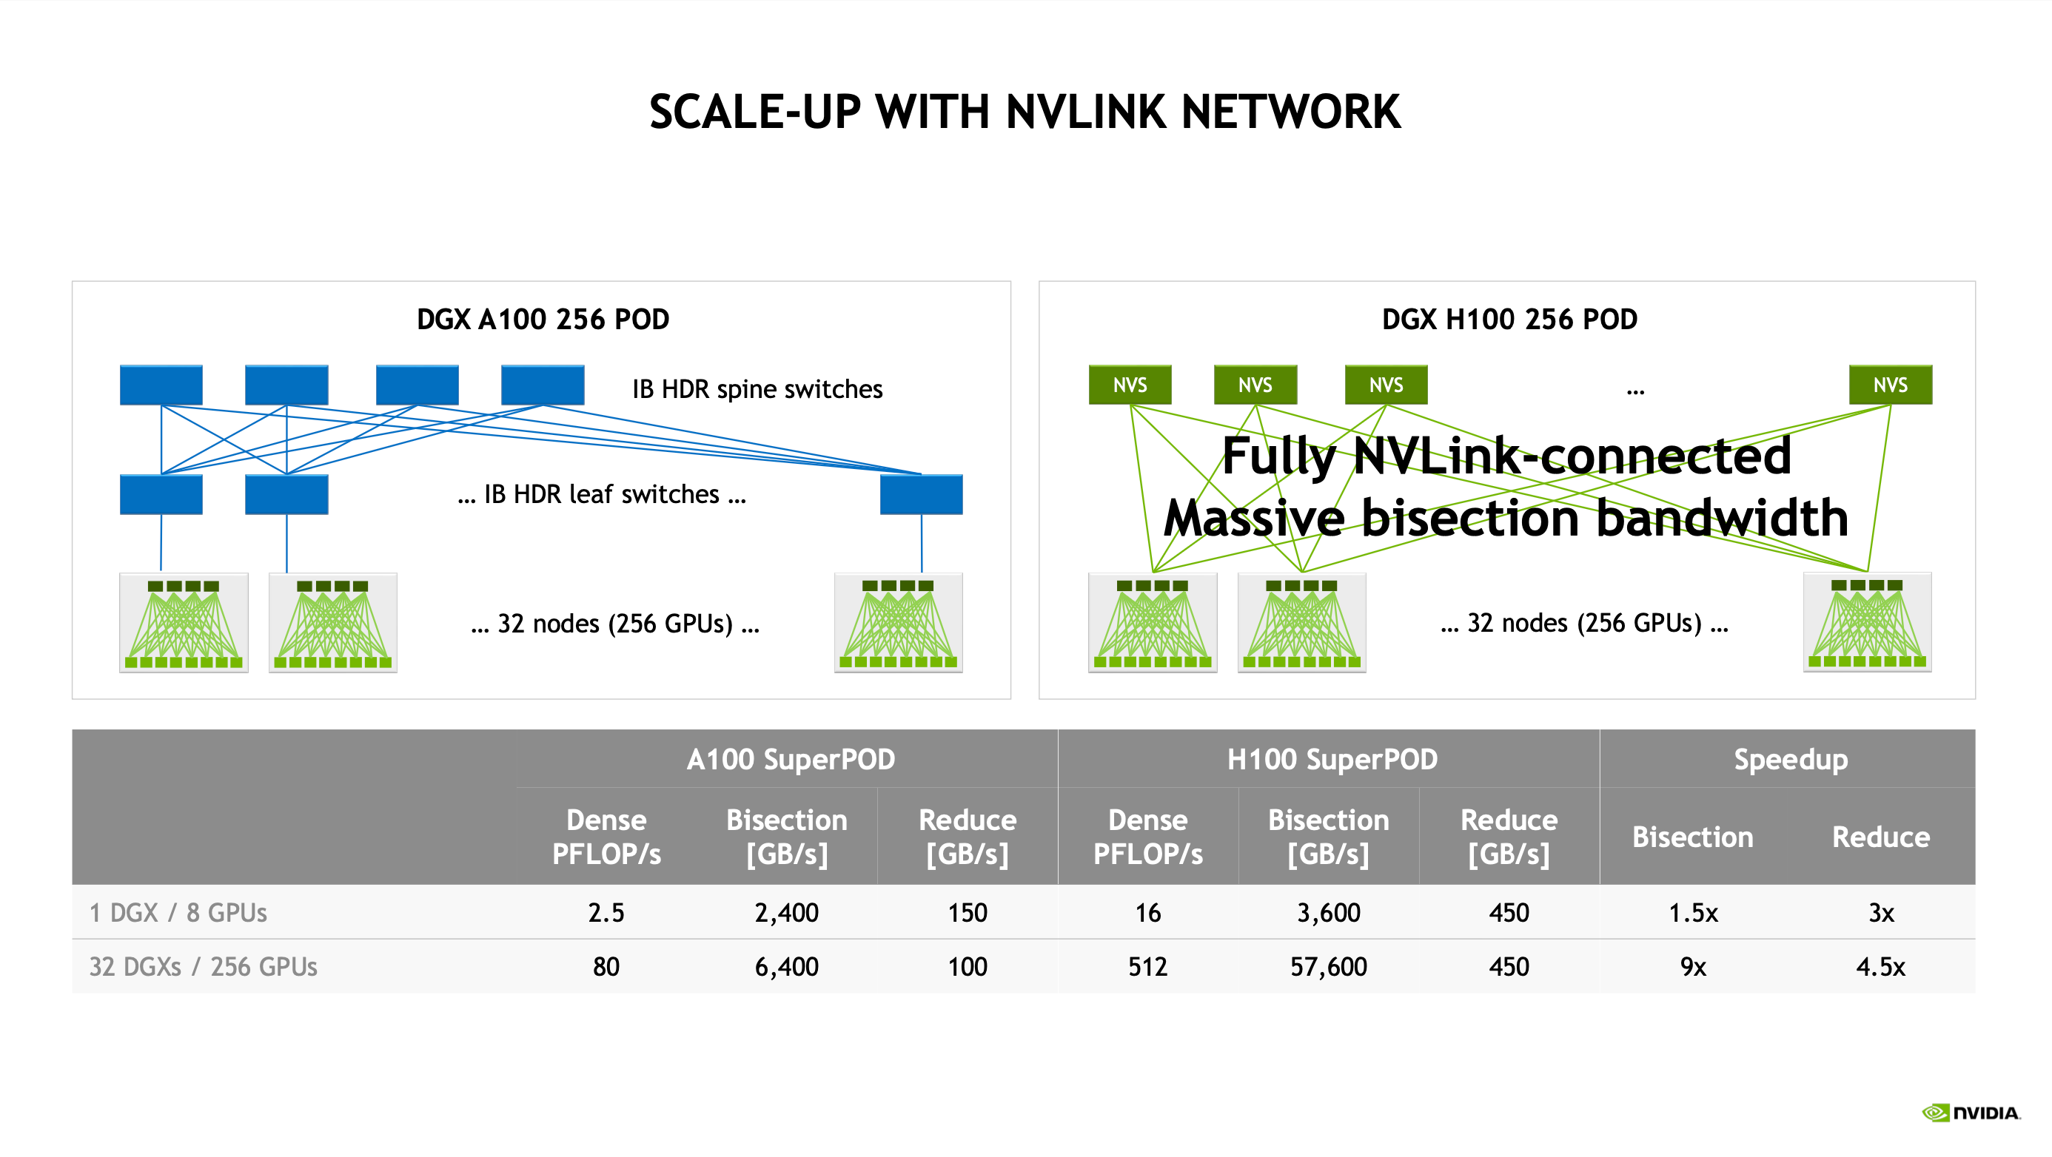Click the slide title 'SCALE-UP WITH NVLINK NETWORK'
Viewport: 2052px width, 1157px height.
(x=1025, y=112)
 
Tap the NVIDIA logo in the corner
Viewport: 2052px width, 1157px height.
(x=1971, y=1113)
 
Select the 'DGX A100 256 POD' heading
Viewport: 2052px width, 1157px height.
(x=543, y=320)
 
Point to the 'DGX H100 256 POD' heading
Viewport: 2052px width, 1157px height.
(x=1509, y=320)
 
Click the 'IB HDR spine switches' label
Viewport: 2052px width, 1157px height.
(x=757, y=389)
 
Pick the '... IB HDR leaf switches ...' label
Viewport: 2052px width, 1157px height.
(x=601, y=494)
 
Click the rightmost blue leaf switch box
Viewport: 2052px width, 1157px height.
(x=921, y=494)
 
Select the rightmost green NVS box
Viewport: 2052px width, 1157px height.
(x=1889, y=385)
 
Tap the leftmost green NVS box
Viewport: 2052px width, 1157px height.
(x=1130, y=385)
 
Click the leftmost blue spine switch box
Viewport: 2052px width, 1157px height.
(x=161, y=385)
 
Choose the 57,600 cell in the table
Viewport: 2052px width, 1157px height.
(x=1328, y=967)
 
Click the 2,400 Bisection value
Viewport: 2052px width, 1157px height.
(x=786, y=913)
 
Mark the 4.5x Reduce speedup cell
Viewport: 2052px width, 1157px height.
(x=1880, y=967)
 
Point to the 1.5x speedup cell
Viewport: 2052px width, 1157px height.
(x=1693, y=913)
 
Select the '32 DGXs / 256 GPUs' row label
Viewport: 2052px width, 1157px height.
(x=203, y=967)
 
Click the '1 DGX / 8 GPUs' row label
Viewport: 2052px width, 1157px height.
(x=178, y=913)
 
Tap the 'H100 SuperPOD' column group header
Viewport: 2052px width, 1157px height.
(x=1332, y=760)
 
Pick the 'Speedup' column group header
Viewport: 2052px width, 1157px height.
(x=1790, y=760)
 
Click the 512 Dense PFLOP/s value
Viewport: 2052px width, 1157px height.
(x=1147, y=967)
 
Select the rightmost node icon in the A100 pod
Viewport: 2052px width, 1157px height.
(x=898, y=623)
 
